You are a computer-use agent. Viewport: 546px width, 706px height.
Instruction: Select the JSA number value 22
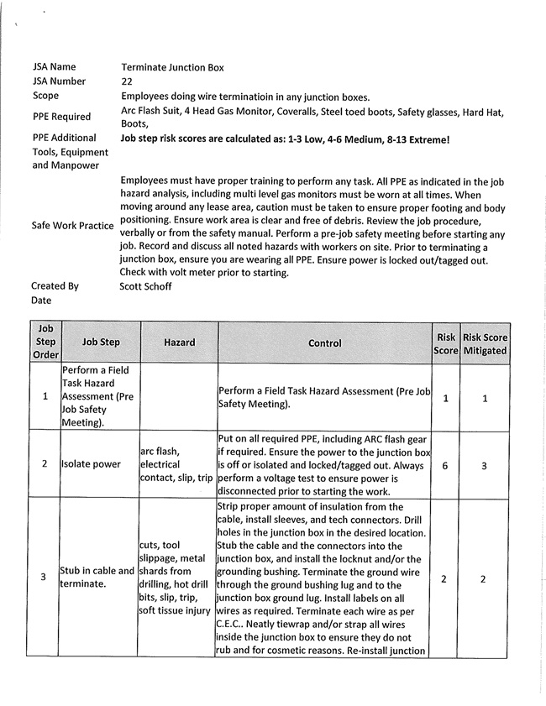pos(127,81)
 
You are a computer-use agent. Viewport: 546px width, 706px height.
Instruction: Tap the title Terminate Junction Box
pos(172,67)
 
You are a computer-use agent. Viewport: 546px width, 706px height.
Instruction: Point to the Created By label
pos(55,286)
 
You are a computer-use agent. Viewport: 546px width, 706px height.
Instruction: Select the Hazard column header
pos(179,343)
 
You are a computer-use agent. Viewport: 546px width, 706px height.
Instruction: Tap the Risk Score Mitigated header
pos(485,343)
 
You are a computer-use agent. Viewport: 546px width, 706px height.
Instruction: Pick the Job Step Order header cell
pos(45,343)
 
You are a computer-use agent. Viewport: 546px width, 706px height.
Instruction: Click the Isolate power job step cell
pos(91,464)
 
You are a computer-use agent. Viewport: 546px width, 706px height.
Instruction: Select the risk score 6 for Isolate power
pos(445,465)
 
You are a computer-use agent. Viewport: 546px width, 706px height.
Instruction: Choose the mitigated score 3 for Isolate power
pos(485,465)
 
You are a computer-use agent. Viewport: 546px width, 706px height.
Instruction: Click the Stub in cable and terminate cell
pos(97,578)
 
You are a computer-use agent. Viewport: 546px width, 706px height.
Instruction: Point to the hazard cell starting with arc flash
pos(176,464)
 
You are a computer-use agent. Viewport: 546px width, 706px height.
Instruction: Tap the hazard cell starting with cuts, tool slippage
pos(176,578)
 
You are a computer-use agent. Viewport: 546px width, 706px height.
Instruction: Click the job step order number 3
pos(45,578)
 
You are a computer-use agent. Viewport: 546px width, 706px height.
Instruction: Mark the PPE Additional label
pos(65,138)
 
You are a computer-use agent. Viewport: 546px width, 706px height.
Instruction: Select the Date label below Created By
pos(42,301)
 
